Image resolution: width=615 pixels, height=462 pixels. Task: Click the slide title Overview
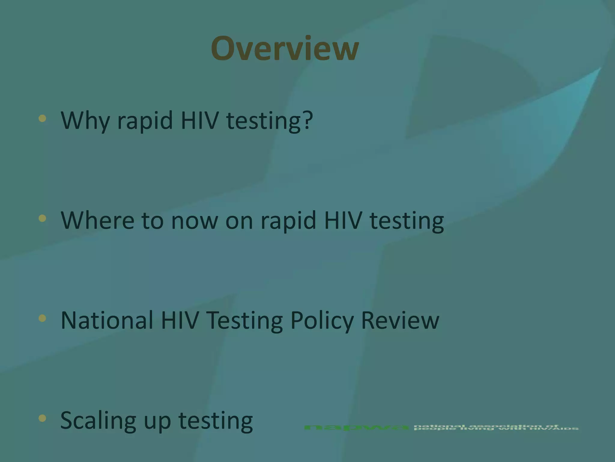(285, 48)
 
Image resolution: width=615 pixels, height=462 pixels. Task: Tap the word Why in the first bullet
(85, 120)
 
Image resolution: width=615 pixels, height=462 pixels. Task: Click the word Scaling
(98, 420)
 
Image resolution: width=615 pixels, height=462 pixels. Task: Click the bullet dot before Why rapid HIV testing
(42, 118)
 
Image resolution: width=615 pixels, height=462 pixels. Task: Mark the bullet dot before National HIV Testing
(42, 318)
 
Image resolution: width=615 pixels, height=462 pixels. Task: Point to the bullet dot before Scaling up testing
(42, 418)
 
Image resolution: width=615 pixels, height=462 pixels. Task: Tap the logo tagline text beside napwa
(496, 427)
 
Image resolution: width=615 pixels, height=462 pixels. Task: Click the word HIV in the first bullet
(199, 120)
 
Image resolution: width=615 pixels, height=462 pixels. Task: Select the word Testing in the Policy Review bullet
(244, 321)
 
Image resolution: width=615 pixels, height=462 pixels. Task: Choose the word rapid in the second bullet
(288, 220)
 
